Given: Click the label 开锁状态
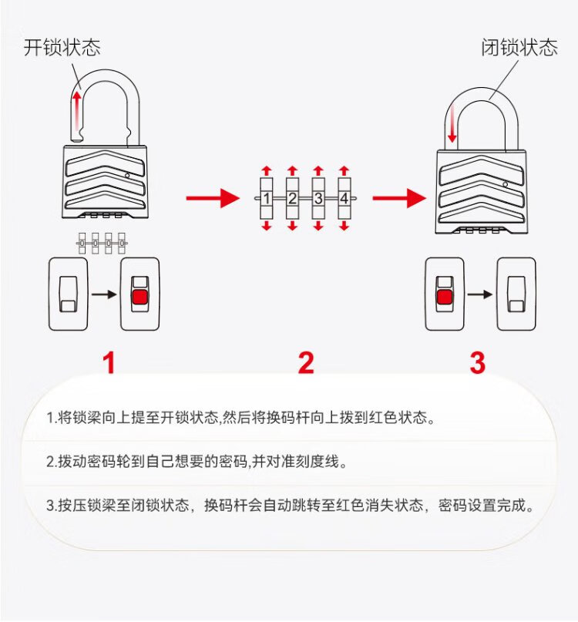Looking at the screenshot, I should click(62, 47).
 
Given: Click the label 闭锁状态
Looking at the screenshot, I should click(519, 47).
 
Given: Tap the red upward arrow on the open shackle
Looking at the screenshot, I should click(76, 113).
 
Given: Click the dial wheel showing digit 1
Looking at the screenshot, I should click(267, 198).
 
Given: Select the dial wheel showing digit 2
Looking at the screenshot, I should click(292, 198).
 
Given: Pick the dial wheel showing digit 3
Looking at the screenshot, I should click(318, 198).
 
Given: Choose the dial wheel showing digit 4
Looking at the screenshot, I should click(344, 198).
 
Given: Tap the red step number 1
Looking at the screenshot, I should click(109, 363).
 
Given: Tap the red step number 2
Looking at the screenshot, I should click(306, 363).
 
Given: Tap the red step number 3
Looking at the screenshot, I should click(478, 363).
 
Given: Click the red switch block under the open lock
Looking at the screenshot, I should click(139, 298).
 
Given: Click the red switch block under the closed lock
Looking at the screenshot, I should click(444, 298).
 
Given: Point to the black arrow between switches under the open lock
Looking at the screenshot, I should click(104, 294).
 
